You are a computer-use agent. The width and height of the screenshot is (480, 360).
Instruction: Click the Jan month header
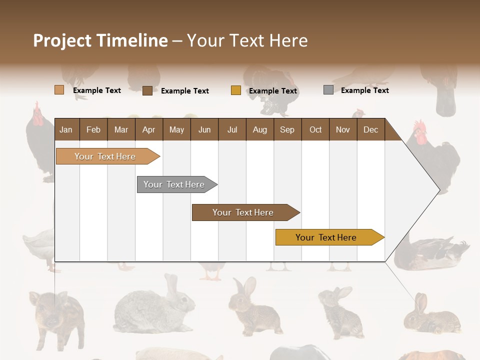(66, 129)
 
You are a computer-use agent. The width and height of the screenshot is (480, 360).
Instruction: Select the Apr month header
(148, 129)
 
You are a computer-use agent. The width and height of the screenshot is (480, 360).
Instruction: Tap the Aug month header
(259, 129)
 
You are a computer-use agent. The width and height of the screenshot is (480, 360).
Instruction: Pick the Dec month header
(370, 129)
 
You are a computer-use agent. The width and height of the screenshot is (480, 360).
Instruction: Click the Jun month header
(204, 129)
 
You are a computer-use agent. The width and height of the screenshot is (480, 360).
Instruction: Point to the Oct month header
(315, 129)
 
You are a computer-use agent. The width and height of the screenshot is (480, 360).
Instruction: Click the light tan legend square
(59, 90)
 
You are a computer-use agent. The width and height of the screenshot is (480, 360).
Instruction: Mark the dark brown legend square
(147, 90)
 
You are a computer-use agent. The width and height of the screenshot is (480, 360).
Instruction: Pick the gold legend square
(235, 90)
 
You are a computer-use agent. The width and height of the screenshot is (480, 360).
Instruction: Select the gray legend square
(328, 90)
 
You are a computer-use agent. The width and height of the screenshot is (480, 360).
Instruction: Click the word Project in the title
(62, 40)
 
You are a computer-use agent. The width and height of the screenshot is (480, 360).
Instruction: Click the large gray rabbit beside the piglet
(152, 307)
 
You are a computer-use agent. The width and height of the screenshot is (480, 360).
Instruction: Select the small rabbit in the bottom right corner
(431, 316)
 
